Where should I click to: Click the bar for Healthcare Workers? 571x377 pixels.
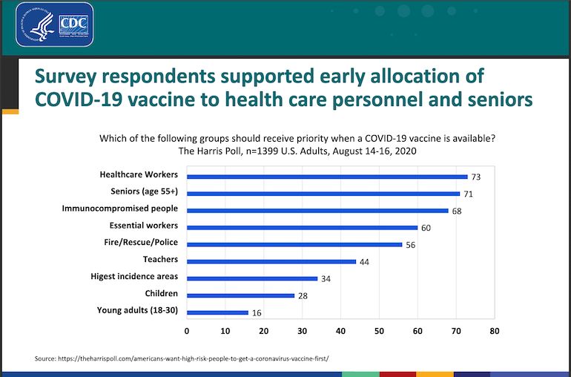coord(327,177)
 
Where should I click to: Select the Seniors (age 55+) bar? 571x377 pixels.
coord(323,194)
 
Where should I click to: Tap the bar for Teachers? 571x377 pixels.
coord(271,261)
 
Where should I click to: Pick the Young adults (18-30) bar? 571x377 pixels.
coord(217,312)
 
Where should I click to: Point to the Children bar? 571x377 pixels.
coord(240,295)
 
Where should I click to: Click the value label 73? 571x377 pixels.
coord(477,177)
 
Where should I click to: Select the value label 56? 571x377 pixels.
coord(412,245)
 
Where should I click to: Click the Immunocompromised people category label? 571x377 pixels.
coord(120,209)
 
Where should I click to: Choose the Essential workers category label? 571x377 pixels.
coord(143,226)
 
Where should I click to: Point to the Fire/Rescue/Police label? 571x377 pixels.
coord(141,243)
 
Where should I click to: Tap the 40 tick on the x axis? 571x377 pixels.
coord(340,331)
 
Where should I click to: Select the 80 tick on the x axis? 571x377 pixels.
coord(494,331)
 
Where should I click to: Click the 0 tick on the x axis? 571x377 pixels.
coord(187,331)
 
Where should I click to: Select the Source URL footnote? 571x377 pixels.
coord(181,359)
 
